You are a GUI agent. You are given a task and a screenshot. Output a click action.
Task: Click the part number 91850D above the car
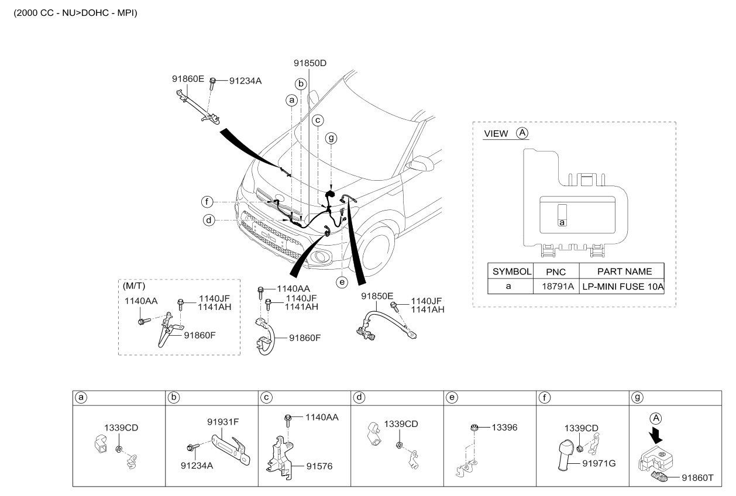tap(310, 63)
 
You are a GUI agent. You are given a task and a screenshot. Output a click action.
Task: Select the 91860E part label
tap(188, 79)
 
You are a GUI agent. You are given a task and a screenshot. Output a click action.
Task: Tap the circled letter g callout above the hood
tap(331, 138)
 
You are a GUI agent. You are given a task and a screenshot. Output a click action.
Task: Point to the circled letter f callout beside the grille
tap(207, 202)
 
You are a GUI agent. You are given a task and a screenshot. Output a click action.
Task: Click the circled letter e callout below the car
tap(342, 282)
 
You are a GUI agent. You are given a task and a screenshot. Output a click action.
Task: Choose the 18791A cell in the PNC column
tap(558, 287)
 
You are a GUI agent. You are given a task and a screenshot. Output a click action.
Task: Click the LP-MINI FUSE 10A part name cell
tap(623, 287)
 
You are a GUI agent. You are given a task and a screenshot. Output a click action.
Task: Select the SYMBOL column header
tap(511, 271)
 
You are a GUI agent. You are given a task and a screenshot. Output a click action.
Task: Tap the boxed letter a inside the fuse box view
tap(562, 222)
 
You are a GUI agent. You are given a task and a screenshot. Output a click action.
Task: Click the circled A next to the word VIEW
tap(522, 133)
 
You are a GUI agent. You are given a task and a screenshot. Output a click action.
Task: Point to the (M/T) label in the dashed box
tap(134, 286)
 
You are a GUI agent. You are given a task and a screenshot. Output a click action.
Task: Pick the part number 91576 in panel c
tap(319, 466)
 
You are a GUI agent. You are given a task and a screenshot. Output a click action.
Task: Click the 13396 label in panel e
tap(504, 428)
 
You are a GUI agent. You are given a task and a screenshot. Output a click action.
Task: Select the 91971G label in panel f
tap(599, 463)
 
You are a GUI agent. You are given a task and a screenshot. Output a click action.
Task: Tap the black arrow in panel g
tap(656, 435)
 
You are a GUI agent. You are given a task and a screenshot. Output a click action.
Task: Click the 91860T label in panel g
tap(697, 478)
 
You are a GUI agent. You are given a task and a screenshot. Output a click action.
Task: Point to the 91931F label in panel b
tap(223, 422)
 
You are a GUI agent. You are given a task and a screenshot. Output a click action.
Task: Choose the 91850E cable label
tap(377, 297)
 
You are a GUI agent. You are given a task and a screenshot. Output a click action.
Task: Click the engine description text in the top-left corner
tap(75, 13)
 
